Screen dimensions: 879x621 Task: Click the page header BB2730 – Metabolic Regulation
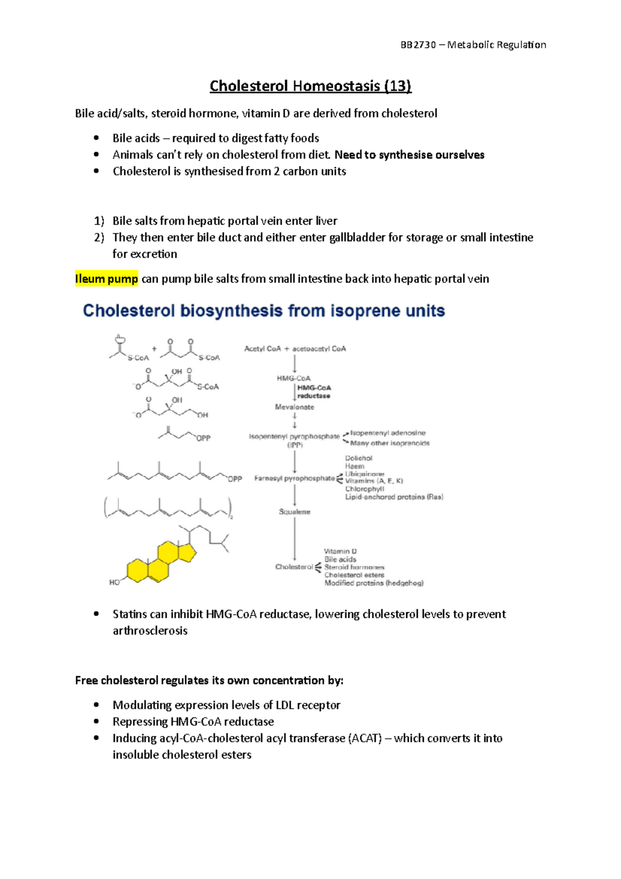[x=473, y=45]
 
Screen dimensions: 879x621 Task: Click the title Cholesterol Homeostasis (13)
[x=310, y=86]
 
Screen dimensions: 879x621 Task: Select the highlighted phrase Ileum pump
[x=107, y=279]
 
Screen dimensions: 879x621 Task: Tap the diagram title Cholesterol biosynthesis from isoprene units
[x=264, y=311]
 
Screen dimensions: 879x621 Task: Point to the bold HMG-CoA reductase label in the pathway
[x=314, y=392]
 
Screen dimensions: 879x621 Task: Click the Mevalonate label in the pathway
[x=294, y=407]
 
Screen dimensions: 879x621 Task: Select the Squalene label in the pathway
[x=294, y=512]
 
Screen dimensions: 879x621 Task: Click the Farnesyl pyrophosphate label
[x=294, y=478]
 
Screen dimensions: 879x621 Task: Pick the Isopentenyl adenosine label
[x=388, y=433]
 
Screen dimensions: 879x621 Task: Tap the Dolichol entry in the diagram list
[x=359, y=458]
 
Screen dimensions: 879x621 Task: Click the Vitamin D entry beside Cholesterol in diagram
[x=340, y=551]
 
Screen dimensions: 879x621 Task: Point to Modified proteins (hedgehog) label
[x=374, y=583]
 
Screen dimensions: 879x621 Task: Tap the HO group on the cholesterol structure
[x=114, y=582]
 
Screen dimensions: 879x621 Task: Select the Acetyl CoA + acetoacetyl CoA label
[x=295, y=349]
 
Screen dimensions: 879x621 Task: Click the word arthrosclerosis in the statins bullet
[x=150, y=631]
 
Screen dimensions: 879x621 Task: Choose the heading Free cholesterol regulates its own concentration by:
[x=209, y=681]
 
